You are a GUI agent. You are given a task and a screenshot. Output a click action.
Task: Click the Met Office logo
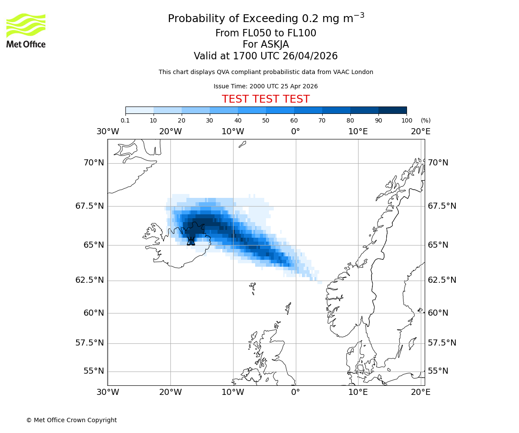pyautogui.click(x=26, y=30)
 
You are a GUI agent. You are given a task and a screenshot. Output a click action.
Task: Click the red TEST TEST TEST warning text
pyautogui.click(x=266, y=99)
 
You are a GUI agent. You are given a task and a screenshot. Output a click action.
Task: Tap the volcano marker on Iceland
pyautogui.click(x=191, y=241)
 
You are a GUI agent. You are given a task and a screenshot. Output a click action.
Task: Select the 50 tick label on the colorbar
pyautogui.click(x=266, y=120)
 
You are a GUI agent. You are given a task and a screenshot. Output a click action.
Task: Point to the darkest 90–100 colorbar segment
pyautogui.click(x=392, y=110)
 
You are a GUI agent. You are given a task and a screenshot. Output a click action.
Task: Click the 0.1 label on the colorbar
pyautogui.click(x=125, y=120)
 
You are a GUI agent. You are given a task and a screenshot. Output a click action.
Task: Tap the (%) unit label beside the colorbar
pyautogui.click(x=426, y=120)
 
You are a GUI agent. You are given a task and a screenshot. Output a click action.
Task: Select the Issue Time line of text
pyautogui.click(x=266, y=86)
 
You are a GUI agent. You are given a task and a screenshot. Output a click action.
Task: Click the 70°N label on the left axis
pyautogui.click(x=93, y=163)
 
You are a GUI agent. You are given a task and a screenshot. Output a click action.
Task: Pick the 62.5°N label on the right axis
pyautogui.click(x=442, y=280)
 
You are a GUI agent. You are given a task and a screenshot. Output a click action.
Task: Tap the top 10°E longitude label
pyautogui.click(x=358, y=131)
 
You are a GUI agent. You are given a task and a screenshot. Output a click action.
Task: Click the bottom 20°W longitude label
pyautogui.click(x=170, y=392)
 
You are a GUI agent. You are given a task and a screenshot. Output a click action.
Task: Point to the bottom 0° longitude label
pyautogui.click(x=295, y=392)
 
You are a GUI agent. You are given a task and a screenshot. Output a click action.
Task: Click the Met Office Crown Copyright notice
pyautogui.click(x=71, y=420)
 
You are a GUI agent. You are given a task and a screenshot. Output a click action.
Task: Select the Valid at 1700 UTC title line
pyautogui.click(x=266, y=56)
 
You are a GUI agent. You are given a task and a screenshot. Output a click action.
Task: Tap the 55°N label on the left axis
pyautogui.click(x=93, y=371)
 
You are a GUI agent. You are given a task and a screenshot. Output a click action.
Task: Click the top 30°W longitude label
pyautogui.click(x=108, y=131)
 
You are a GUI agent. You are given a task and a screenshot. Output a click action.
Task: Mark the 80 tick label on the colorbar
pyautogui.click(x=350, y=120)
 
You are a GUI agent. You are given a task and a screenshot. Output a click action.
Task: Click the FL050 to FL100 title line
pyautogui.click(x=266, y=33)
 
